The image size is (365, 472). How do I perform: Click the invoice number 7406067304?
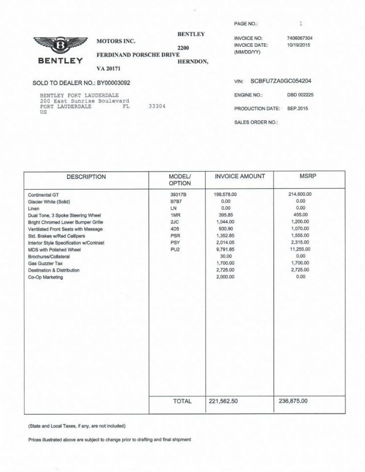click(x=300, y=38)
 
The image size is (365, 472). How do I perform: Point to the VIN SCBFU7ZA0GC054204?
click(x=289, y=82)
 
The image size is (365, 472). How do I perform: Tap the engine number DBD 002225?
click(x=300, y=95)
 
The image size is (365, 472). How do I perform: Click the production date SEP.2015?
click(x=297, y=108)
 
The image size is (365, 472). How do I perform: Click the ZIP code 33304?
click(x=157, y=107)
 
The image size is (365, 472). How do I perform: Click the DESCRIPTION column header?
click(x=86, y=177)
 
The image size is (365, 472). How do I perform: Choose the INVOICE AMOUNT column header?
click(x=240, y=177)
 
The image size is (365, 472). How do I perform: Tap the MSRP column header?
click(x=308, y=177)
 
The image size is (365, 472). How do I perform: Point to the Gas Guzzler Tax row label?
click(x=44, y=263)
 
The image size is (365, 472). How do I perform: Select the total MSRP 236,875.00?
click(x=294, y=401)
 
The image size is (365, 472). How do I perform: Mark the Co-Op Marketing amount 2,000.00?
click(x=225, y=277)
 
